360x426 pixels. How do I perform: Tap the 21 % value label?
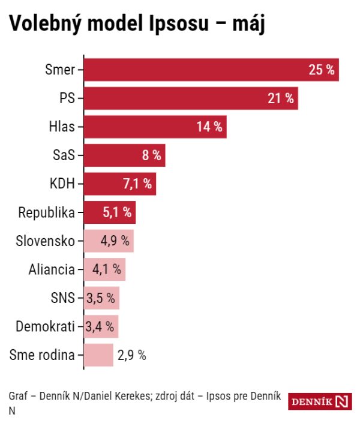click(280, 98)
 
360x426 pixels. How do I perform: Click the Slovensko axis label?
click(46, 241)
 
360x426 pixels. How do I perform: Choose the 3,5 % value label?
click(100, 298)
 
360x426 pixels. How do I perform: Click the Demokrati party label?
click(46, 326)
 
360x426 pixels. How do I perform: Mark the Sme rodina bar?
click(98, 355)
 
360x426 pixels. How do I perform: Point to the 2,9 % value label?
click(132, 355)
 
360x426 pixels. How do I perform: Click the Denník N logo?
click(320, 401)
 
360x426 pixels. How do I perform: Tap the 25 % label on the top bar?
click(321, 70)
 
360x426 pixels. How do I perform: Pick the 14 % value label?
click(209, 127)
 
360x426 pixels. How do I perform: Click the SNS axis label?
click(64, 298)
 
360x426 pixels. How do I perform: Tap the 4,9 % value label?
click(115, 241)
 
